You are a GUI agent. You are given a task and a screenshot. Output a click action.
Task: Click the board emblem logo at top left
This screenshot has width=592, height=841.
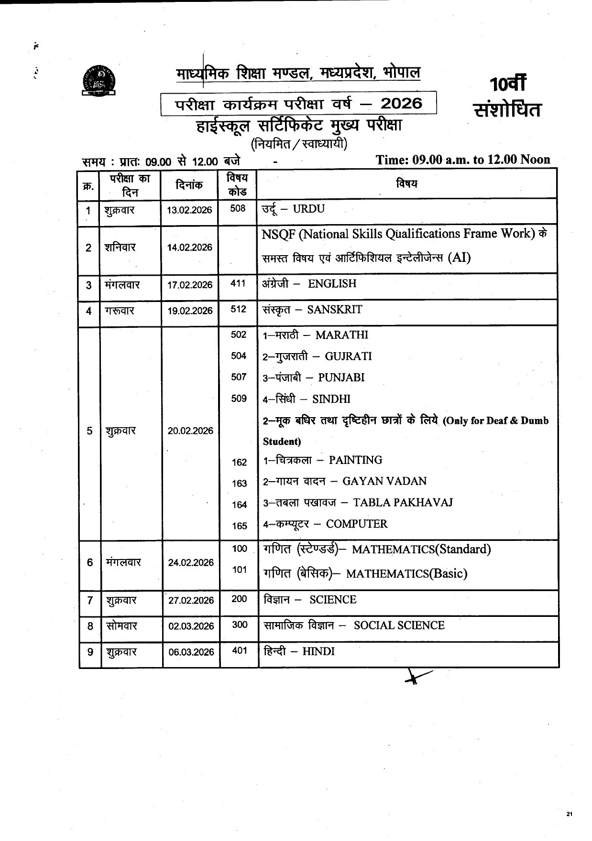[x=101, y=79]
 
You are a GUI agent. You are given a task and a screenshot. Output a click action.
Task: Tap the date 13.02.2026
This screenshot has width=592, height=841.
[x=189, y=210]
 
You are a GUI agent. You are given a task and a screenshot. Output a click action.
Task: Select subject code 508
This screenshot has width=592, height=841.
[x=238, y=208]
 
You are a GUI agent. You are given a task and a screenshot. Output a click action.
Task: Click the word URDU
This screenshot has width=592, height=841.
[x=308, y=209]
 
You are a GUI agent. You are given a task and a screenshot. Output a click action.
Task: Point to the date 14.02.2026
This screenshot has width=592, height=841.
[x=189, y=248]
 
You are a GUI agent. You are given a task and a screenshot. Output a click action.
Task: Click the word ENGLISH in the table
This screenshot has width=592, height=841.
[x=332, y=284]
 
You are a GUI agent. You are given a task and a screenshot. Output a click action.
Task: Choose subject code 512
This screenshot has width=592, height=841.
[x=238, y=309]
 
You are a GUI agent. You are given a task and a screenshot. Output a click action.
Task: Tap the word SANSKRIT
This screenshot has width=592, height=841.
[x=334, y=310]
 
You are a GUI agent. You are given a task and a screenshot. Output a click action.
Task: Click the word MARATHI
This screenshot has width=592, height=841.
[x=341, y=335]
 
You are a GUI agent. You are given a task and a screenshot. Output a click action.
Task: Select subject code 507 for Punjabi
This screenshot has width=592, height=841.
[x=239, y=377]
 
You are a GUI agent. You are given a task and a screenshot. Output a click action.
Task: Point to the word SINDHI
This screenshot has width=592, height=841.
[x=331, y=399]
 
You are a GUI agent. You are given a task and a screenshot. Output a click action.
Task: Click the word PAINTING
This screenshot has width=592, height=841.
[x=355, y=460]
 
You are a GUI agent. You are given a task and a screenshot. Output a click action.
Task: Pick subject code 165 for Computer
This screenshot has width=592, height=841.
[x=239, y=526]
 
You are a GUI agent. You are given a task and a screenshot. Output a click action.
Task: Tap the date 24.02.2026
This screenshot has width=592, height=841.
[x=191, y=563]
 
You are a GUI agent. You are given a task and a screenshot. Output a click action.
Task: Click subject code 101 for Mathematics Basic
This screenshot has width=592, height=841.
[x=239, y=570]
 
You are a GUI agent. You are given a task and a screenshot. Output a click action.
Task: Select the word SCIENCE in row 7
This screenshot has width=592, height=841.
[x=332, y=600]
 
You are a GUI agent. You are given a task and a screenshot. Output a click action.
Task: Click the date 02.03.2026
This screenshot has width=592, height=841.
[x=191, y=626]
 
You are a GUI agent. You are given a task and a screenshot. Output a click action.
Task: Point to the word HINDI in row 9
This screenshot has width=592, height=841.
[x=318, y=652]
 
